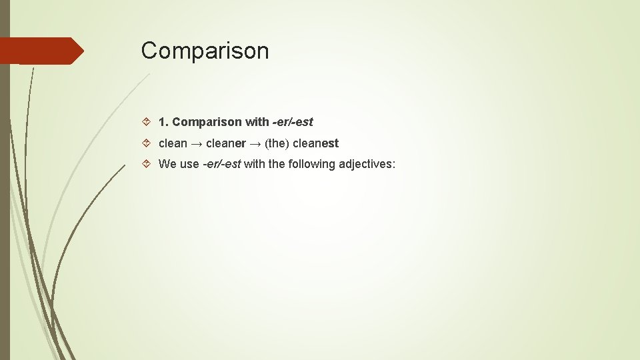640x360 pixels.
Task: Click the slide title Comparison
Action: click(205, 51)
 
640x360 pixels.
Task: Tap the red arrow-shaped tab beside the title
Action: click(41, 51)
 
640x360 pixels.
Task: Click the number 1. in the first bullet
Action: click(163, 122)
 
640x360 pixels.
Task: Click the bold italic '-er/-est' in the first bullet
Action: click(292, 122)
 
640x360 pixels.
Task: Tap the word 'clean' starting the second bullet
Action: click(173, 143)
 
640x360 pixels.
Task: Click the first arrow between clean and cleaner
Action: click(197, 143)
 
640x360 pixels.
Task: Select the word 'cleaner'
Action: click(226, 143)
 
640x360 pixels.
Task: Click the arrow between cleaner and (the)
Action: click(255, 143)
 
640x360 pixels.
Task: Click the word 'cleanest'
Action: click(317, 143)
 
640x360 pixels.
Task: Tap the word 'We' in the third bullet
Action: click(167, 164)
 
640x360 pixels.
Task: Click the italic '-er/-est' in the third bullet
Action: click(221, 164)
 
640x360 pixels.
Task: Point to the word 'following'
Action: click(311, 164)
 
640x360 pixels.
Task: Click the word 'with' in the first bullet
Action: click(257, 122)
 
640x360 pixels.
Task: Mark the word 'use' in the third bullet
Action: click(189, 164)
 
